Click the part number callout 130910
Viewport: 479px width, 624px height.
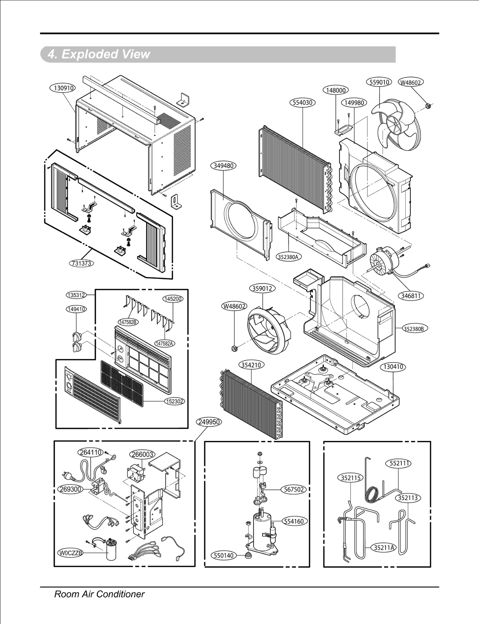click(x=62, y=88)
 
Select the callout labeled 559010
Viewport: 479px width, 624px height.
click(x=379, y=82)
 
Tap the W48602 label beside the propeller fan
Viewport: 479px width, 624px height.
click(x=411, y=82)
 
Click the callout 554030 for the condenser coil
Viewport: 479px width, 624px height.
click(x=302, y=103)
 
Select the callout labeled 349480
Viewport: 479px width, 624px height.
click(x=224, y=166)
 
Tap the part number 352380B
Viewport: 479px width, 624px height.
click(x=413, y=329)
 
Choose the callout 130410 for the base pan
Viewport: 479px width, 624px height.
click(x=393, y=367)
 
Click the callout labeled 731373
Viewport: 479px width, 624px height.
click(x=81, y=263)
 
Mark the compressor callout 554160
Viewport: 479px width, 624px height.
click(x=294, y=521)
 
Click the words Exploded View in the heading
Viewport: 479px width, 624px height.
click(x=105, y=54)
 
